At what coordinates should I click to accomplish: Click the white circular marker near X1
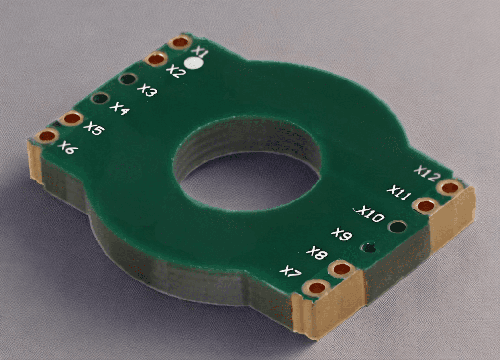tap(194, 63)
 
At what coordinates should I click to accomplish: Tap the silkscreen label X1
tap(200, 51)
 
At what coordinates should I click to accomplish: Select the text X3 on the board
tap(147, 90)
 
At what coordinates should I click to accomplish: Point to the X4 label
tap(120, 108)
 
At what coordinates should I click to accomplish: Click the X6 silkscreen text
tap(67, 147)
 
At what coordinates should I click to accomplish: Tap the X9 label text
tap(341, 235)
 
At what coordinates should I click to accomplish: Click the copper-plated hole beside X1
tap(180, 42)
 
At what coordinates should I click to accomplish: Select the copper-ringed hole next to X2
tap(156, 60)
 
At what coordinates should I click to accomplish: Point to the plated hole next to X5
tap(72, 118)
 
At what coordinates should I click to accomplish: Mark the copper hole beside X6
tap(47, 136)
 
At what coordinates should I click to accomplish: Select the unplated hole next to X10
tap(397, 226)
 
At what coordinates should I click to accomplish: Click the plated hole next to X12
tap(449, 187)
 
